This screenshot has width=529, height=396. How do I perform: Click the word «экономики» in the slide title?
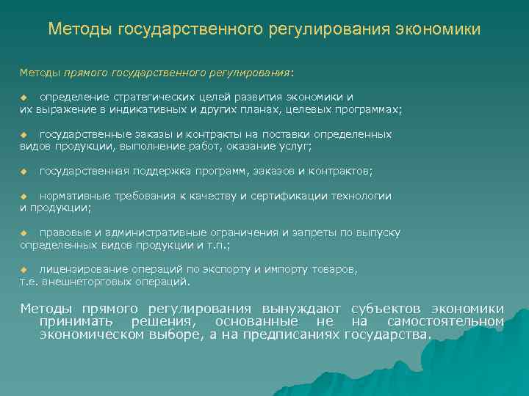pyautogui.click(x=439, y=29)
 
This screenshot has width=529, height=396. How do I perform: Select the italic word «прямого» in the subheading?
pyautogui.click(x=87, y=73)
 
